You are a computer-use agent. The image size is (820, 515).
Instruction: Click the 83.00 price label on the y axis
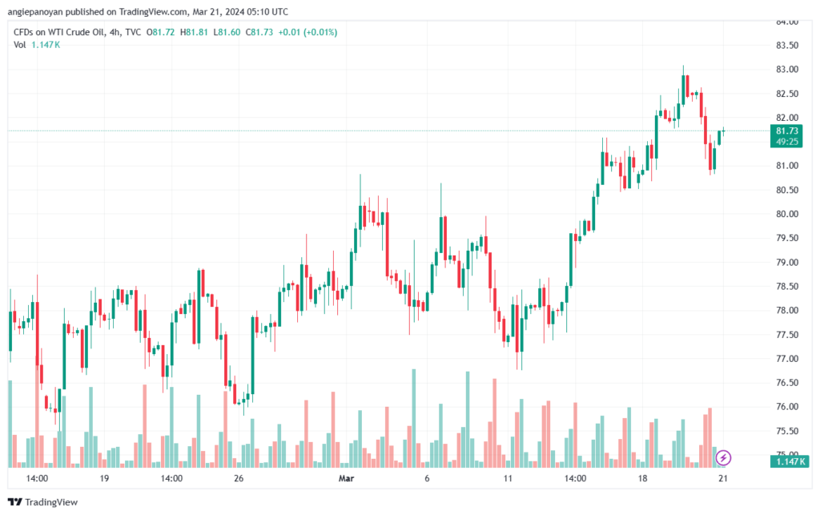click(787, 70)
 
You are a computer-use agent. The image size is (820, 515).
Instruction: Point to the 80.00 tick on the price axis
click(787, 214)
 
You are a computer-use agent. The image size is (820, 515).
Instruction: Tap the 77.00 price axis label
click(787, 359)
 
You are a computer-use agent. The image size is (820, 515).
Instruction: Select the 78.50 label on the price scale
click(787, 287)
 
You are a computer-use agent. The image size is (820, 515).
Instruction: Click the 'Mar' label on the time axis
click(346, 478)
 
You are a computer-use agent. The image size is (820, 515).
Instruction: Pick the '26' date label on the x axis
click(239, 478)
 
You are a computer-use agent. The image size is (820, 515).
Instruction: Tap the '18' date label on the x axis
click(642, 478)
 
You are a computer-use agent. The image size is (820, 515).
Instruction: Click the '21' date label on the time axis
click(723, 478)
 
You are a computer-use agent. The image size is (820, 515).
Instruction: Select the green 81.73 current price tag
click(786, 136)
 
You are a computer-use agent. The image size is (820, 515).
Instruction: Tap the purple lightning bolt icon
click(723, 458)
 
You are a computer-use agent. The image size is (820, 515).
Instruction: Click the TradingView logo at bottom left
click(43, 502)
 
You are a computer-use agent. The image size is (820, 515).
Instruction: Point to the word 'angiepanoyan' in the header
click(35, 11)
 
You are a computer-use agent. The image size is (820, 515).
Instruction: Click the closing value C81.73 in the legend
click(259, 32)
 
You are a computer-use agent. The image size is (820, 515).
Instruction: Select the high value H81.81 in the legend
click(194, 32)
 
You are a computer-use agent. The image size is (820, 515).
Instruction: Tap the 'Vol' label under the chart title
click(19, 45)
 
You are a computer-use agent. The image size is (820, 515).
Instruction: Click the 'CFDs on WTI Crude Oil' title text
click(59, 32)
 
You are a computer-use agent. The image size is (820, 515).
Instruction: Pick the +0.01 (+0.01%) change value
click(307, 32)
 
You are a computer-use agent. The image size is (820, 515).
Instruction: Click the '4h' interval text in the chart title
click(115, 32)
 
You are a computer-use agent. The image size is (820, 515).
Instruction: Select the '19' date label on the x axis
click(104, 478)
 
